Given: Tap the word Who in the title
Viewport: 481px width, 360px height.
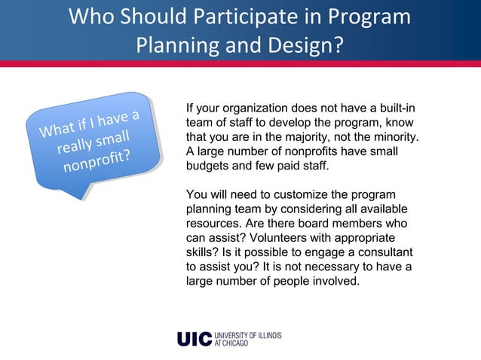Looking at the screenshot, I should (95, 17).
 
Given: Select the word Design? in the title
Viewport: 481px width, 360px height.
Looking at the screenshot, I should (299, 46).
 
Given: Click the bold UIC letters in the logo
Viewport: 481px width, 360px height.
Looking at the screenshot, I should (194, 339).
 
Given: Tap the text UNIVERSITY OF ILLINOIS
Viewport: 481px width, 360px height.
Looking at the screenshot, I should (248, 334).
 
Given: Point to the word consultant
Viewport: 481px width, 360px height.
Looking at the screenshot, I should (384, 252).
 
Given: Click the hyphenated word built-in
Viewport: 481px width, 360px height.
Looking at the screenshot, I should (394, 108).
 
